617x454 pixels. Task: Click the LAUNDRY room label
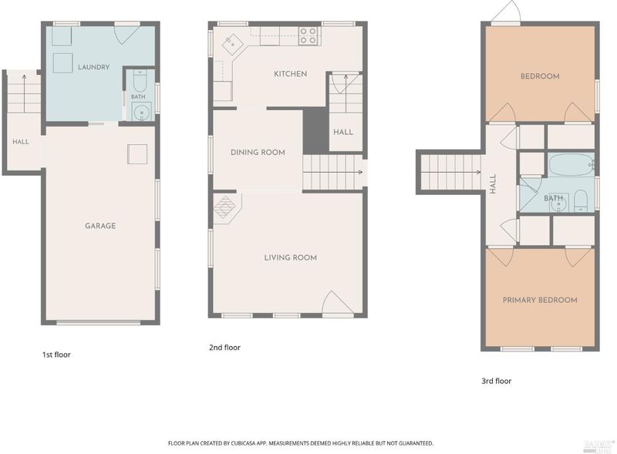93,67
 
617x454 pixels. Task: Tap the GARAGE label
100,226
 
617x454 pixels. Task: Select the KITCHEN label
291,74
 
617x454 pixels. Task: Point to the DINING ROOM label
258,153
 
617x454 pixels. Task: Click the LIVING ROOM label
291,257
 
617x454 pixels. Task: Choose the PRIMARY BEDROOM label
540,300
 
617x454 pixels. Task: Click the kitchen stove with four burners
309,35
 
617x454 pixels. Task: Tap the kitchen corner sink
233,43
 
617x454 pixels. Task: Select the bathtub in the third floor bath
571,164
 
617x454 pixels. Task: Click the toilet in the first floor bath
140,81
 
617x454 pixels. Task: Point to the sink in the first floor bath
141,112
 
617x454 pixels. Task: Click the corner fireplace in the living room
226,207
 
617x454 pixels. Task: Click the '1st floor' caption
56,355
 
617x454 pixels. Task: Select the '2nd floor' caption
224,348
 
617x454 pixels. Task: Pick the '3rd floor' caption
497,381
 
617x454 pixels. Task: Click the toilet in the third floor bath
581,200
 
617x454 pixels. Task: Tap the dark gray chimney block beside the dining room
315,131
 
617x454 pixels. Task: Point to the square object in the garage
137,154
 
